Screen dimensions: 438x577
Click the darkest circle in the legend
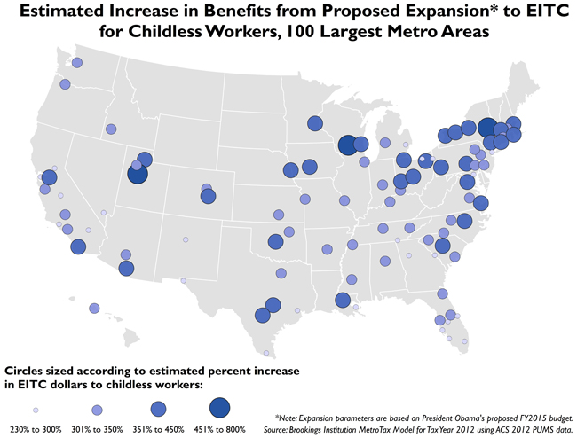pos(219,407)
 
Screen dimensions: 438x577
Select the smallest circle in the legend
pos(36,410)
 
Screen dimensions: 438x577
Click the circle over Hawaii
pos(94,309)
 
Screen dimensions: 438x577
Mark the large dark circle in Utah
pos(137,174)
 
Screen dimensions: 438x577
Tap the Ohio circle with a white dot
pos(425,160)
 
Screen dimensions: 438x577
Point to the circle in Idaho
pos(111,129)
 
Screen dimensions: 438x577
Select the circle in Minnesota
pos(315,124)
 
